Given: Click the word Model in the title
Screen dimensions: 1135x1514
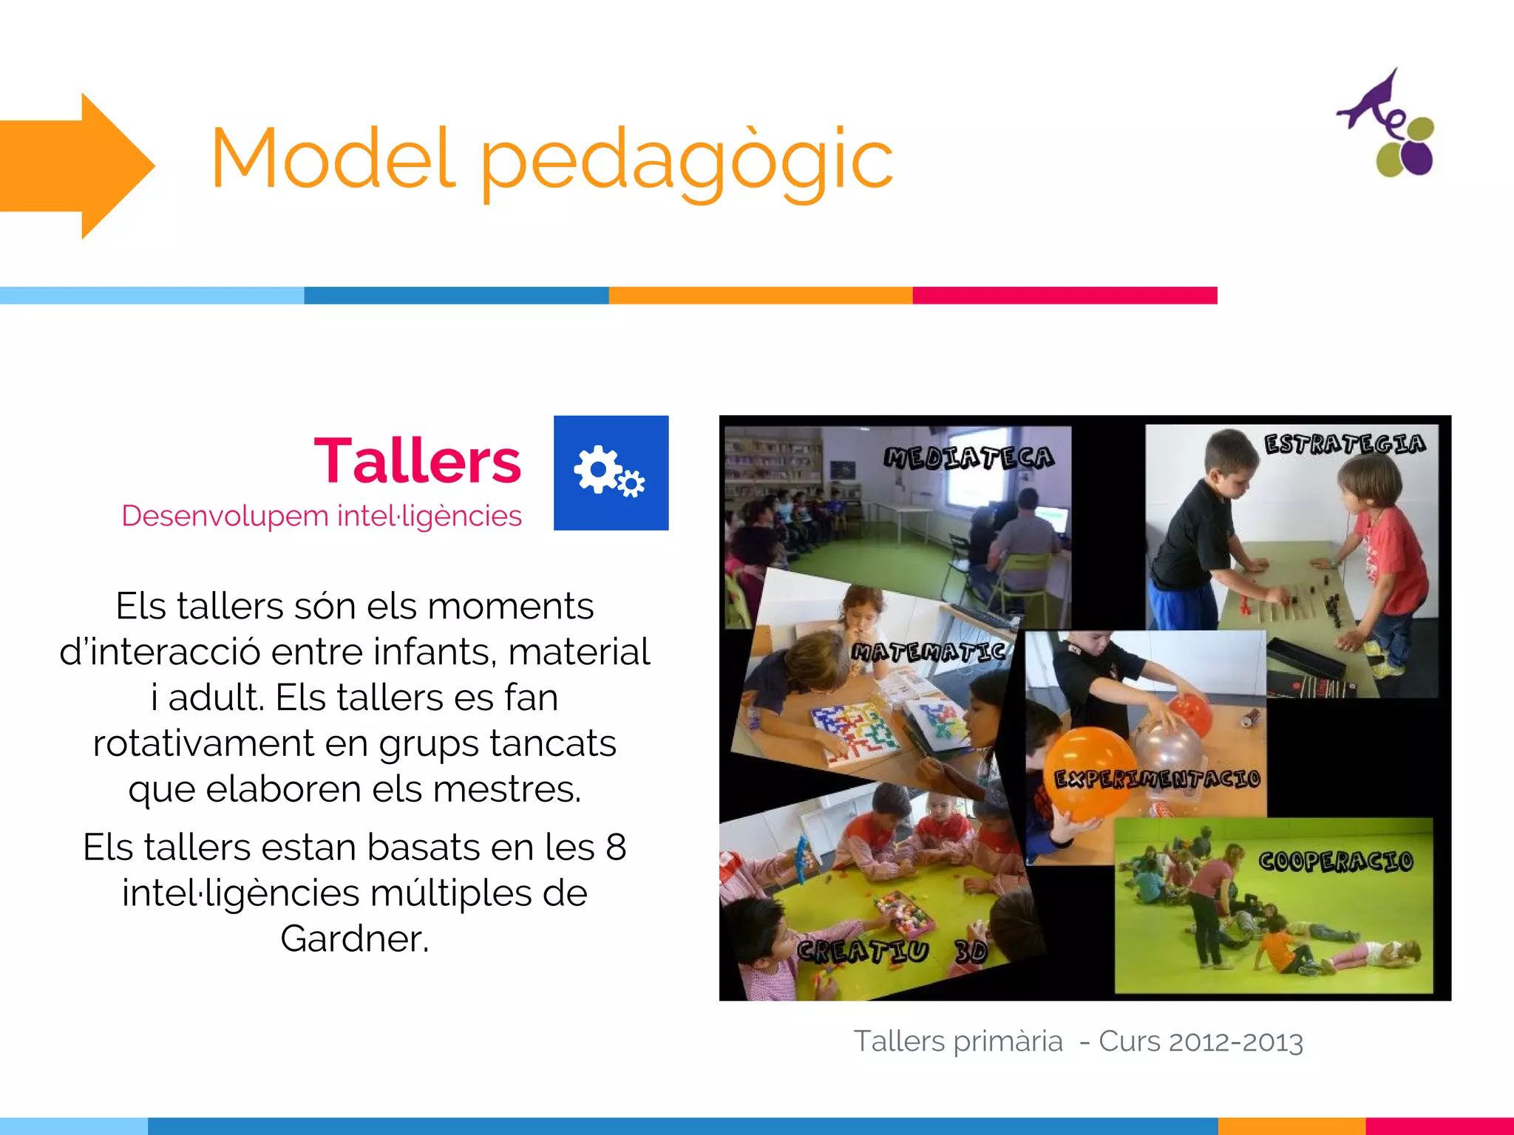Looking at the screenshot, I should (x=332, y=158).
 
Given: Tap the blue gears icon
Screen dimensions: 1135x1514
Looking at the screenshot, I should (x=611, y=472).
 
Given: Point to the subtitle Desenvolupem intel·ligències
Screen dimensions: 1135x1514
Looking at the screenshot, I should (x=322, y=516).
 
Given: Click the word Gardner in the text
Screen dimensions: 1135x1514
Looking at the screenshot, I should (x=353, y=938).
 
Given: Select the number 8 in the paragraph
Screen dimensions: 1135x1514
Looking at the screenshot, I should (x=616, y=847).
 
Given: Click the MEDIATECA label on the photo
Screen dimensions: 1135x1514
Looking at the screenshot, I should (x=969, y=457).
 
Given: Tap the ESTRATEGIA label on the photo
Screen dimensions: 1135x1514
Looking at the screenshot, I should (x=1345, y=443).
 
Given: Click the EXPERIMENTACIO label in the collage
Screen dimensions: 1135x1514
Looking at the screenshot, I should (x=1157, y=779).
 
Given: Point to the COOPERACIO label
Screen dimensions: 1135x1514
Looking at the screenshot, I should (x=1336, y=861).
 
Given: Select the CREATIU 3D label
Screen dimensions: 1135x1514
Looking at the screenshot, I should (x=892, y=950).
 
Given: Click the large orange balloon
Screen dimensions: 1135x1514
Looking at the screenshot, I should (x=1087, y=772).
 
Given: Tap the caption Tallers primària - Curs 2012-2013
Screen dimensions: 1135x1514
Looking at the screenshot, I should (x=1078, y=1041).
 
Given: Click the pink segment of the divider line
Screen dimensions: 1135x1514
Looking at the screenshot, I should (x=1065, y=296).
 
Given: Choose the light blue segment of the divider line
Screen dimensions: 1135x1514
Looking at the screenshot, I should (x=152, y=296).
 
